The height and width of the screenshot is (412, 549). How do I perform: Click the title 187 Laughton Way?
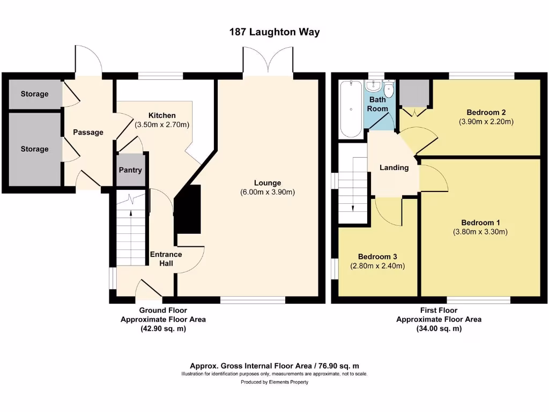coord(274,32)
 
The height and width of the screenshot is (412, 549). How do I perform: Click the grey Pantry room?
coord(131,171)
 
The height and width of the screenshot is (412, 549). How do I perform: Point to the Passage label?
coord(88,133)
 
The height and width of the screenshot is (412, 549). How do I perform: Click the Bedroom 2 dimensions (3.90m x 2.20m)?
coord(486,122)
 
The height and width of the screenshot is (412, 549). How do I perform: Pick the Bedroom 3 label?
coord(377,256)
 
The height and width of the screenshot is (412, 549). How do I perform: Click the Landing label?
coord(394,167)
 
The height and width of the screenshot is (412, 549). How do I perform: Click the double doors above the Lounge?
coord(268,60)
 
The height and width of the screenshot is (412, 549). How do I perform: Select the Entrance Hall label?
coord(166,259)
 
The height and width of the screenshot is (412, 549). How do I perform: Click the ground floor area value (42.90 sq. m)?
coord(163,329)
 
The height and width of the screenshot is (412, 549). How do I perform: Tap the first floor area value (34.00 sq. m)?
coord(439,329)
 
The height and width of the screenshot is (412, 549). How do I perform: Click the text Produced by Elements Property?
coord(274,382)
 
